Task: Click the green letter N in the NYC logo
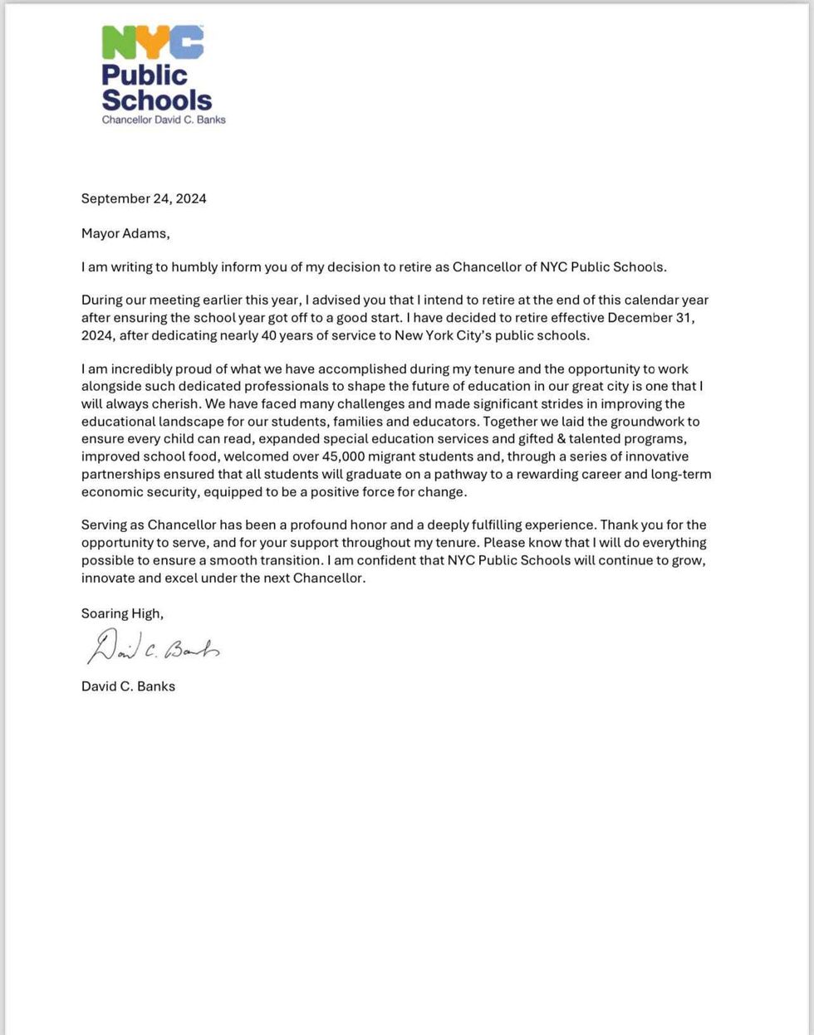click(118, 42)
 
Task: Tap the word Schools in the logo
click(157, 100)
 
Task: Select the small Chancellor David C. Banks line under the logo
click(164, 120)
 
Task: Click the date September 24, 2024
click(144, 198)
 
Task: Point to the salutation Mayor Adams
click(125, 233)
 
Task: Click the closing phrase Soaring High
click(122, 613)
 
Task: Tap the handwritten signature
click(153, 648)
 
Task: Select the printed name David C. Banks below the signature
click(128, 686)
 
